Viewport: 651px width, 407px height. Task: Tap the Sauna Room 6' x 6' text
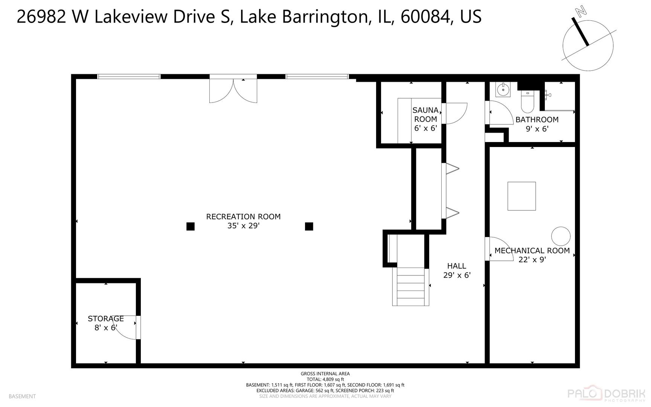(425, 119)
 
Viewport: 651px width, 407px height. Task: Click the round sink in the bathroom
(502, 90)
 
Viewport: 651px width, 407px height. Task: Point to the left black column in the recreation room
(191, 226)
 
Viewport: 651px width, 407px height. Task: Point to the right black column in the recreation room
(309, 226)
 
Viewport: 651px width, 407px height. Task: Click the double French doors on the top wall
(233, 90)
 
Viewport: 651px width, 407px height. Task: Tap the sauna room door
(455, 113)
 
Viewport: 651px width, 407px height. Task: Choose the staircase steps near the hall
(411, 286)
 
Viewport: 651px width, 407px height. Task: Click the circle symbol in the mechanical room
(561, 236)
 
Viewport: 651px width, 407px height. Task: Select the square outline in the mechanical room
(521, 196)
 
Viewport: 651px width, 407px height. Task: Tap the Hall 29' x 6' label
(457, 271)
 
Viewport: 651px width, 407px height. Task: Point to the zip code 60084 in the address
(424, 17)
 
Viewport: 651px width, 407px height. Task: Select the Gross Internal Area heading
(325, 374)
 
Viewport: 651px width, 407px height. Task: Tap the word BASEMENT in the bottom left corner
(22, 396)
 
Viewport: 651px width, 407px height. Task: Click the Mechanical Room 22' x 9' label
(532, 255)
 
